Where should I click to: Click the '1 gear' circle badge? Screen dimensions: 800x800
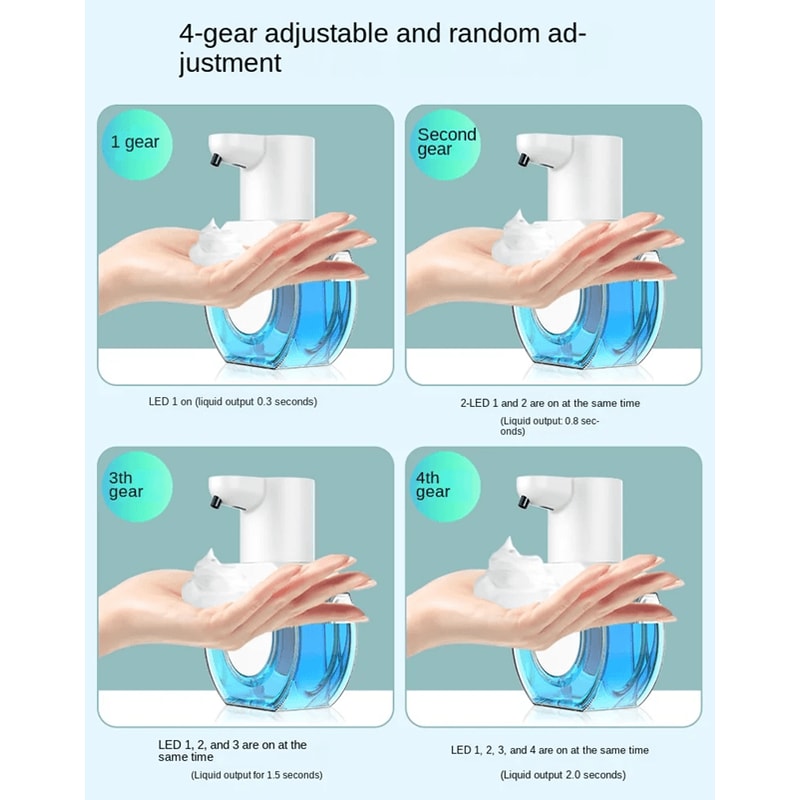134,142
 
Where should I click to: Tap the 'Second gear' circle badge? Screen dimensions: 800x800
446,142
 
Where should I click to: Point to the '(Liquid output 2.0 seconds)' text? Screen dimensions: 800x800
564,775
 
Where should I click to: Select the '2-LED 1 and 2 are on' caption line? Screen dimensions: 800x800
550,403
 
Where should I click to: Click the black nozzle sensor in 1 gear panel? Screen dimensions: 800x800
212,157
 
